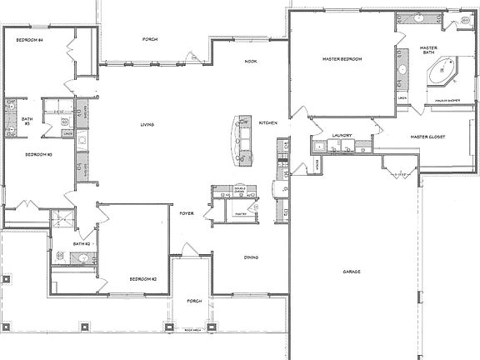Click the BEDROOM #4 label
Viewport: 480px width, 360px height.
point(28,40)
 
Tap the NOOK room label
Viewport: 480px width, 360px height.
point(250,62)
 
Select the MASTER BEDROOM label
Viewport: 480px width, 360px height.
point(342,59)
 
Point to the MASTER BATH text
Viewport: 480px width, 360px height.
point(429,51)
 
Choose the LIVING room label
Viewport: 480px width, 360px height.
point(147,125)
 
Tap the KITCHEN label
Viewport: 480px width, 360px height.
point(267,122)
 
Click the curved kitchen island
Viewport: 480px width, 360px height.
point(242,141)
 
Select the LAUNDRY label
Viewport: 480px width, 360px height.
point(342,136)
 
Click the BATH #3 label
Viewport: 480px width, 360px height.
point(27,122)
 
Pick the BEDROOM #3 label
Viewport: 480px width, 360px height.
point(38,155)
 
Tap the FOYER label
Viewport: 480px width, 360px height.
point(187,213)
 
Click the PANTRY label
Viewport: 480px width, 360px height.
point(242,214)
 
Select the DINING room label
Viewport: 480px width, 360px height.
point(251,257)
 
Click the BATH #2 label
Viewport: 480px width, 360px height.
point(81,243)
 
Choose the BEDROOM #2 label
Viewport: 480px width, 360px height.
point(143,278)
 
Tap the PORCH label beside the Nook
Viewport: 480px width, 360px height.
point(150,39)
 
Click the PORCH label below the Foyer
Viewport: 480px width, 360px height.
point(194,300)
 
